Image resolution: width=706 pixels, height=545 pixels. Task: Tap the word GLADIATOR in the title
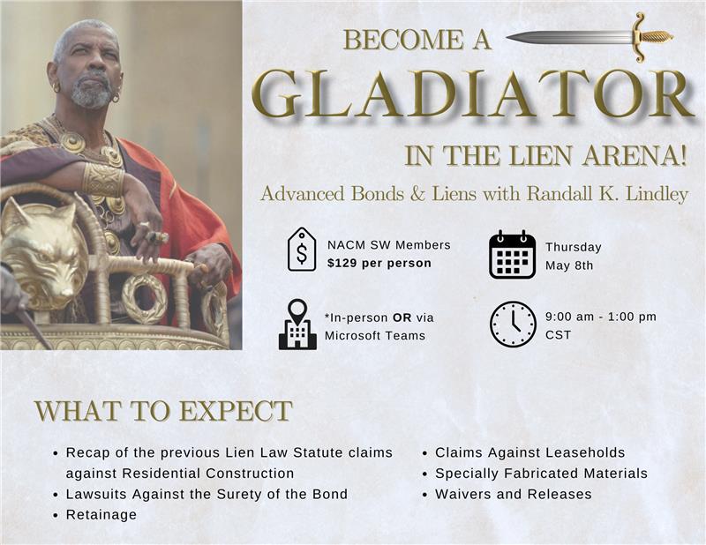[x=473, y=95]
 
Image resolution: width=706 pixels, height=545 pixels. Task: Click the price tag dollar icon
[x=302, y=249]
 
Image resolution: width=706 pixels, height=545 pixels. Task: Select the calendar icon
[x=513, y=255]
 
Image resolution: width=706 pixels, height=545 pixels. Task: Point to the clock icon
[x=513, y=324]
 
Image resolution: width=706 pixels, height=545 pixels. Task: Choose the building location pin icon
[x=297, y=324]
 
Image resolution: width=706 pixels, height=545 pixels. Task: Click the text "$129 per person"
[x=379, y=264]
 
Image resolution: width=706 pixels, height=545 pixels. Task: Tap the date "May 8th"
[x=569, y=265]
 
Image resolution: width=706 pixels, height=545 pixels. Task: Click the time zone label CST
[x=559, y=335]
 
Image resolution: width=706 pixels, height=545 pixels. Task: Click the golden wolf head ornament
[x=43, y=253]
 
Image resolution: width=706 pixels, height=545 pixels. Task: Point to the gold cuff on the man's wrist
[x=103, y=179]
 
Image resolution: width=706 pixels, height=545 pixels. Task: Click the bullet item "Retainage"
[x=101, y=514]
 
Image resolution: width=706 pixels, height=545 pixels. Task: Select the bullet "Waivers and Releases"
[x=514, y=494]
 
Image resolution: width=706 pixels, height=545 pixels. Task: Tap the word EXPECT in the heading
[x=236, y=410]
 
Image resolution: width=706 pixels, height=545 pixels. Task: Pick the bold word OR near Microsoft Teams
[x=402, y=317]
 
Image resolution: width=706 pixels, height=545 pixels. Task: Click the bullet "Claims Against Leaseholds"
[x=530, y=452]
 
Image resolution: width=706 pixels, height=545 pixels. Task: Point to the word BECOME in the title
[x=404, y=39]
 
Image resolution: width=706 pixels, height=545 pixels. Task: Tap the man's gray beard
[x=92, y=92]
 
